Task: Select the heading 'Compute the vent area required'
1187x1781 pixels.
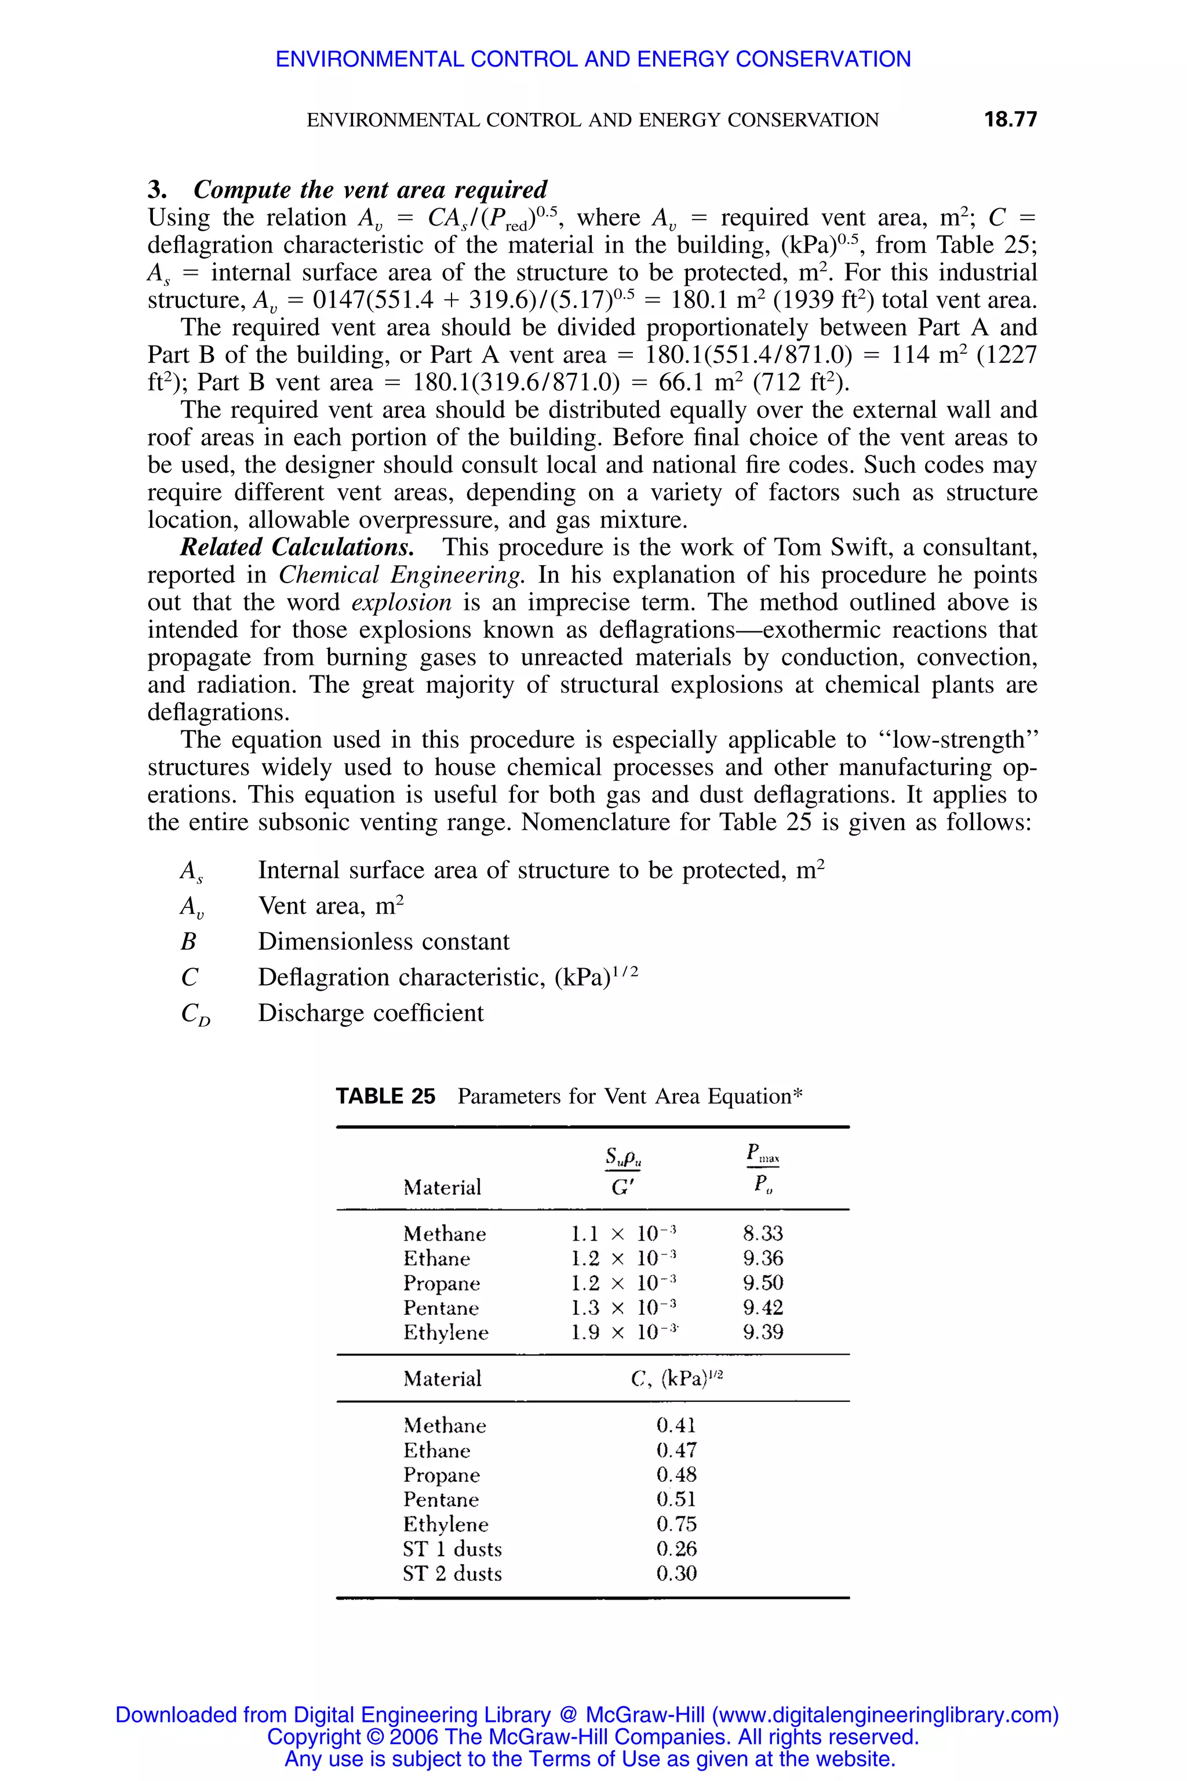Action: coord(370,190)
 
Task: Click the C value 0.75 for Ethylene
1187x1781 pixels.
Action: coord(676,1524)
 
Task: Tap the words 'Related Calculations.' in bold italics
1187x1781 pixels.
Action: coord(297,547)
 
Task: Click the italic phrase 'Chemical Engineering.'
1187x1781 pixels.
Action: coord(401,575)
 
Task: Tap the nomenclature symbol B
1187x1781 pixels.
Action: coord(188,942)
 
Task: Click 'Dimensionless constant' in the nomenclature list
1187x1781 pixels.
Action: coord(384,942)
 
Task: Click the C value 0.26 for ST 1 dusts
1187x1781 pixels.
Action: coord(676,1549)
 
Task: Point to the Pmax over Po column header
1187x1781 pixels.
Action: coord(762,1169)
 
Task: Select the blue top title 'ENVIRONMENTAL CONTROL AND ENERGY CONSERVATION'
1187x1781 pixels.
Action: coord(593,59)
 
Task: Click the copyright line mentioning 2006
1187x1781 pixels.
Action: coord(593,1736)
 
